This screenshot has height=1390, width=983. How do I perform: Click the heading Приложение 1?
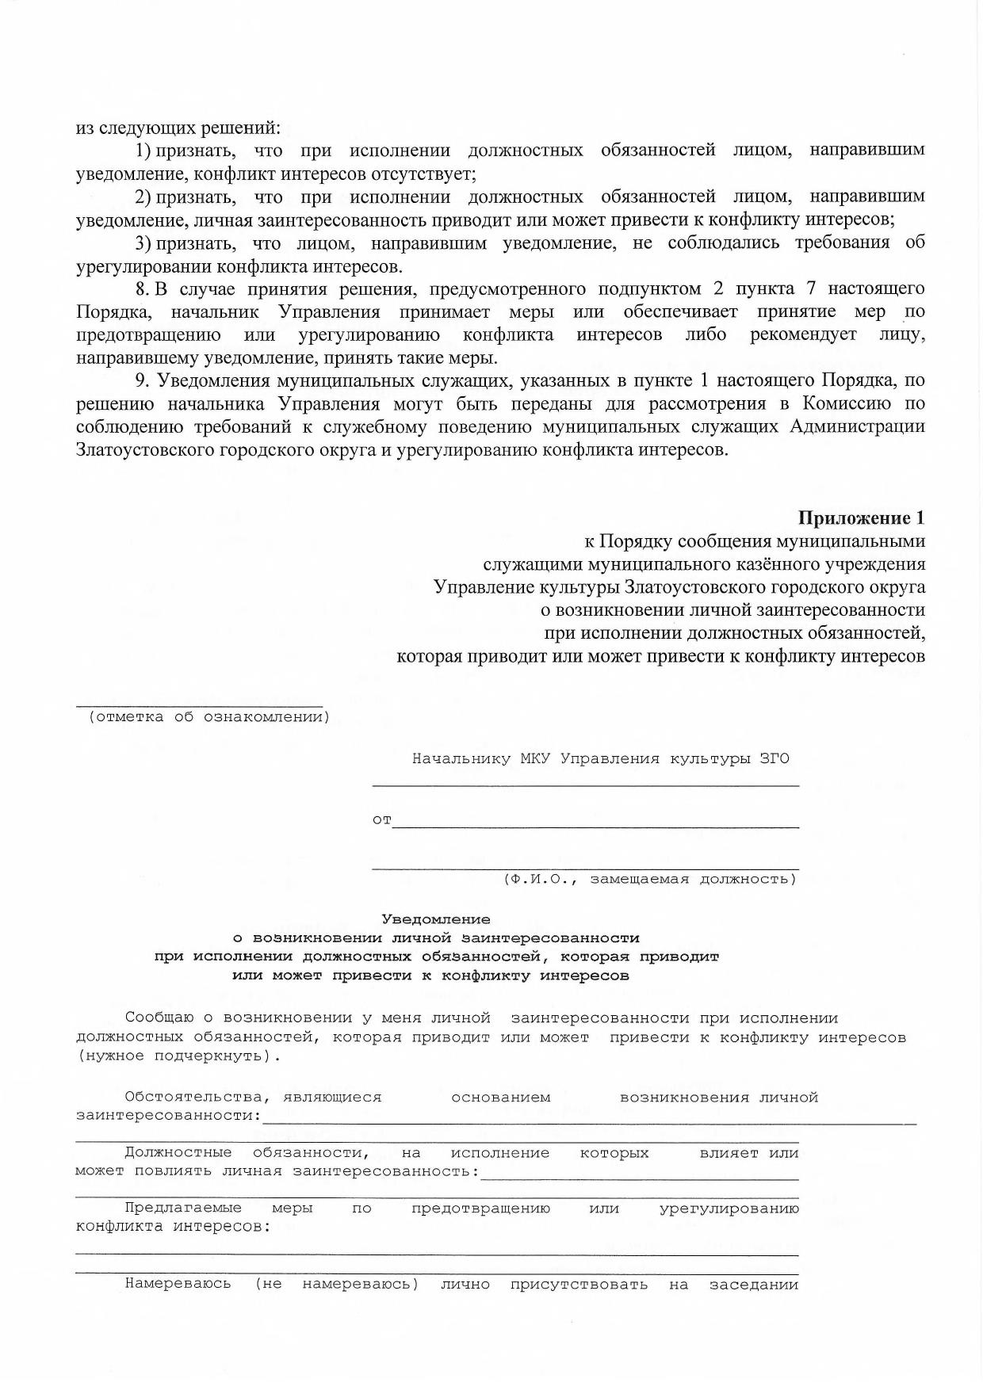click(861, 518)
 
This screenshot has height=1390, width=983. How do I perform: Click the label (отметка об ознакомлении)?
click(209, 717)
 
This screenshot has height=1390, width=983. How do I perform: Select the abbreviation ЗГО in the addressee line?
click(774, 758)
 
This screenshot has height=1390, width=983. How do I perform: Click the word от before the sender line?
click(381, 819)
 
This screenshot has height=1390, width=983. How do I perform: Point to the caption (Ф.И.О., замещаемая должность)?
click(649, 879)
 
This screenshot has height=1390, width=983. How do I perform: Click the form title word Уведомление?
click(436, 919)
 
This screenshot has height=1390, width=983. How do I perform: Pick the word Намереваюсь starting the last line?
click(178, 1284)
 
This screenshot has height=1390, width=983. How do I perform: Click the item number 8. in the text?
click(143, 288)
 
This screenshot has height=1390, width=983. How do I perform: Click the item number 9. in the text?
click(143, 380)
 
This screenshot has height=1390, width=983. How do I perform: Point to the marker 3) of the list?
click(143, 242)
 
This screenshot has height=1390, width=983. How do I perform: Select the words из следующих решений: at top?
click(178, 128)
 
